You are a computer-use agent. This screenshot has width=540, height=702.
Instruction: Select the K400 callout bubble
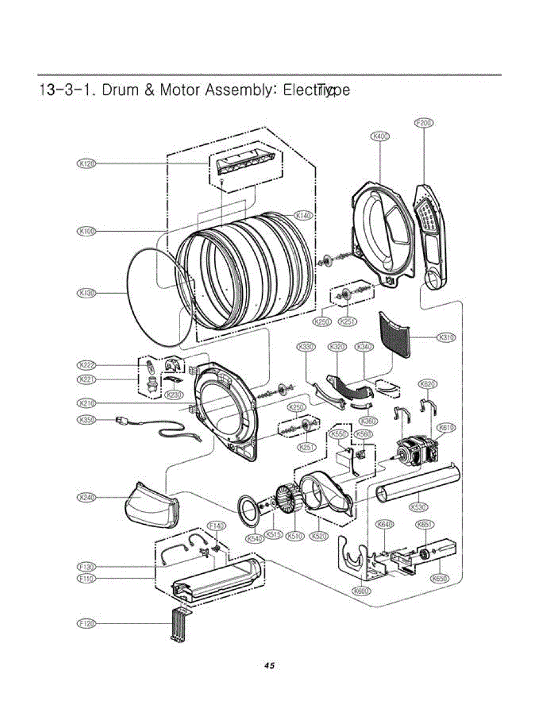coord(380,136)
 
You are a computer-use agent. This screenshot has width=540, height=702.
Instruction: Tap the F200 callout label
coord(424,123)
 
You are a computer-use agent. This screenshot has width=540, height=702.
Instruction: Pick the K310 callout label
coord(446,338)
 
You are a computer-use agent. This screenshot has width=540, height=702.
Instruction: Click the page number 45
coord(269,666)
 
